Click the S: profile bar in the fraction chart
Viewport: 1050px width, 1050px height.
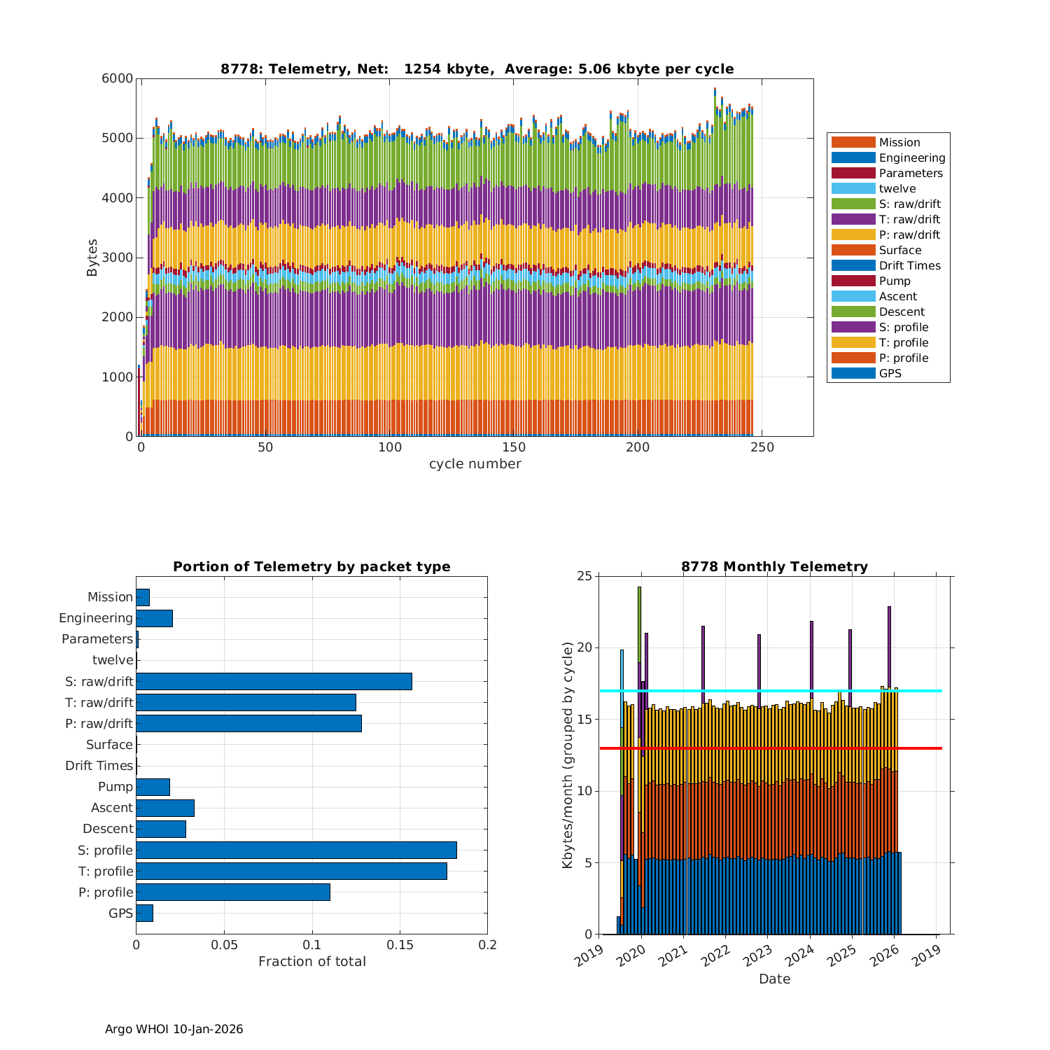click(296, 850)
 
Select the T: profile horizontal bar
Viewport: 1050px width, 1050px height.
click(291, 871)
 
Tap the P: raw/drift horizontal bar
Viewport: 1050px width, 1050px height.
click(248, 723)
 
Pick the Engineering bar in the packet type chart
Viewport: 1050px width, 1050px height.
click(154, 618)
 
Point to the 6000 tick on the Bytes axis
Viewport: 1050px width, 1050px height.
click(118, 78)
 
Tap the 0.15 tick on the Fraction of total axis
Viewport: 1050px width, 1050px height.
click(400, 945)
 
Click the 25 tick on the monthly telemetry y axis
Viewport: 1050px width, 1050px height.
click(584, 576)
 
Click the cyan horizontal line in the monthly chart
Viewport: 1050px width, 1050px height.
click(770, 691)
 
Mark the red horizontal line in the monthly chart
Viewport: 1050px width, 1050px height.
click(770, 748)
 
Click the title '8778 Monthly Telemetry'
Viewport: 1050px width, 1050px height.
click(774, 566)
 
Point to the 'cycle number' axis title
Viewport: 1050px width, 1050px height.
click(475, 464)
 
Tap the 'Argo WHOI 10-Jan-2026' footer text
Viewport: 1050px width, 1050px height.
click(174, 1029)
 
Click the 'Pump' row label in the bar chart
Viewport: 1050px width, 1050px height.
click(115, 787)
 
